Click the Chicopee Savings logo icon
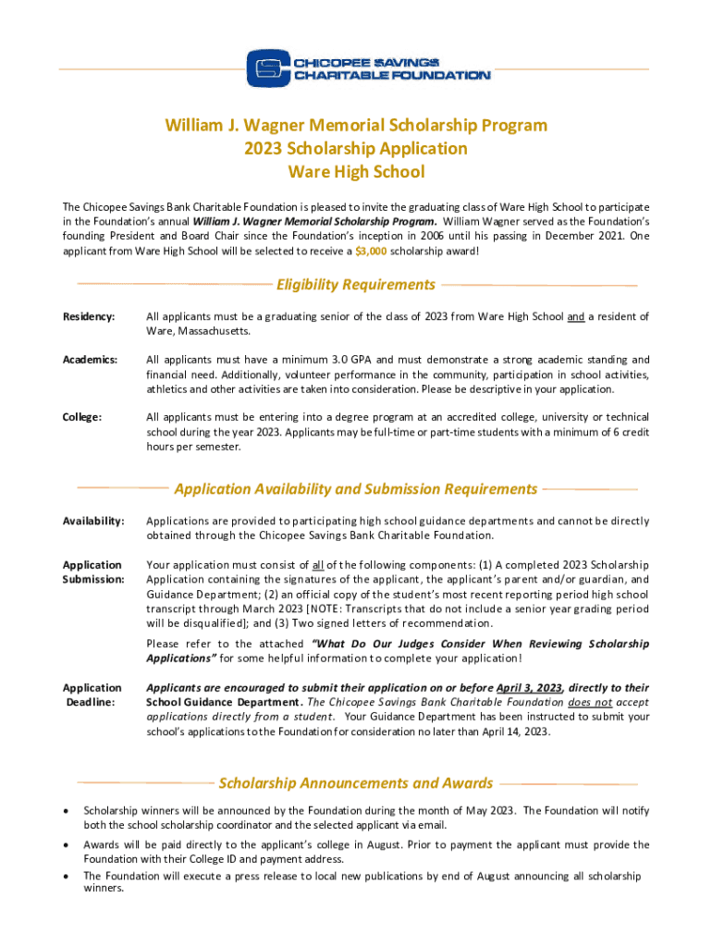click(267, 68)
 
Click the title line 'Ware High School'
click(356, 172)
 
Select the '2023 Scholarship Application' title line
click(356, 148)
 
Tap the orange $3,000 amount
click(371, 251)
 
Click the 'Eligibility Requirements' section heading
click(356, 285)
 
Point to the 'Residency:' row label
click(89, 317)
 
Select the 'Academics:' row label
click(90, 360)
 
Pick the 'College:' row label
click(81, 417)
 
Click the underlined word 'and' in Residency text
click(575, 317)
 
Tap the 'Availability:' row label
click(93, 522)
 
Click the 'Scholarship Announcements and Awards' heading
click(356, 783)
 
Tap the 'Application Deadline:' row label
click(92, 695)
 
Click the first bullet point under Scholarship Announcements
click(65, 812)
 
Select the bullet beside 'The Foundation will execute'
click(65, 876)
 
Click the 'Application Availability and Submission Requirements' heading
click(356, 488)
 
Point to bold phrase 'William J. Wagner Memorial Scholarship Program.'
click(314, 222)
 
